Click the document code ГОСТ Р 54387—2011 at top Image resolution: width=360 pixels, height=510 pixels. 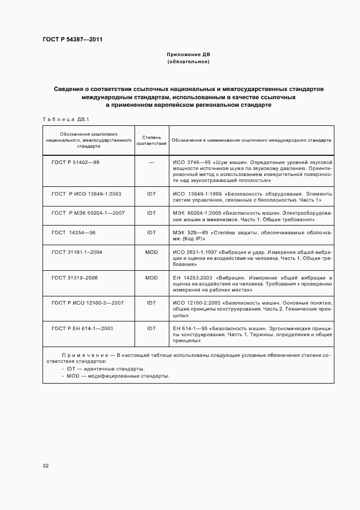pos(72,40)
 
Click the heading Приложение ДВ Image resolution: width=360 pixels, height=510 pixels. pos(188,55)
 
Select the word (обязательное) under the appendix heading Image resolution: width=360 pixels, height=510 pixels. pos(188,62)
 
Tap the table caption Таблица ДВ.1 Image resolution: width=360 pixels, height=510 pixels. pos(62,118)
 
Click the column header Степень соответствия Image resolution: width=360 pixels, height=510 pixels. pos(151,140)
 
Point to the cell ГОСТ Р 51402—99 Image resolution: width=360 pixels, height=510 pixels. pos(75,162)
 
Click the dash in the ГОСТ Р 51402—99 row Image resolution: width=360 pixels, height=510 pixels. pos(151,162)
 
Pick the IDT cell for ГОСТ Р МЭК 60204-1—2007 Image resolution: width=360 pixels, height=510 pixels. pos(151,212)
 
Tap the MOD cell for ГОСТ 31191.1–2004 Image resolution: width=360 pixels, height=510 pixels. pos(151,252)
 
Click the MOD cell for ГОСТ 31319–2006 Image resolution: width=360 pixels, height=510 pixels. pos(151,277)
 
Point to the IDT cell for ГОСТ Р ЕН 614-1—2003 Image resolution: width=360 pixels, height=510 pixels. pos(151,328)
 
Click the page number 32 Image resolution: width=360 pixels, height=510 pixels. pos(46,466)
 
